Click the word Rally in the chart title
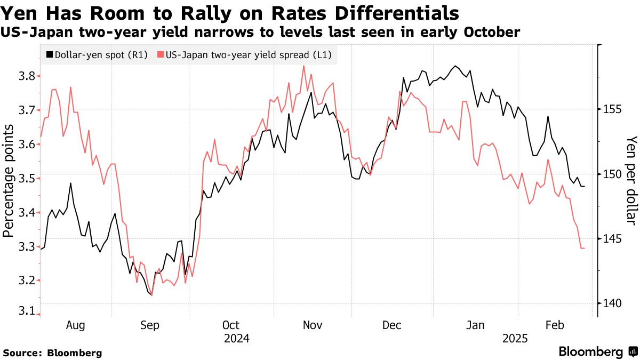pyautogui.click(x=218, y=13)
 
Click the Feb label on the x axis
pyautogui.click(x=555, y=325)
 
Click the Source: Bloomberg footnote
pyautogui.click(x=52, y=353)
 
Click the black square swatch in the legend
pyautogui.click(x=50, y=55)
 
